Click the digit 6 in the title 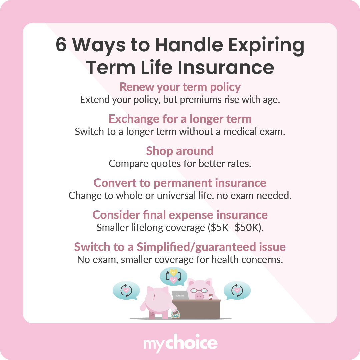(61, 45)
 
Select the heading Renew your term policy (180, 87)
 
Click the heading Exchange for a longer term (180, 119)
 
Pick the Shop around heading (180, 151)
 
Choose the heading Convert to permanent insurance (180, 183)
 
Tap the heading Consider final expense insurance (180, 215)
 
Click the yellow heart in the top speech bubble (173, 272)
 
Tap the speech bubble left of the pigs (126, 290)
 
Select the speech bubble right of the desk (236, 290)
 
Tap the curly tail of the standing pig (152, 313)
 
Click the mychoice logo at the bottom (180, 344)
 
